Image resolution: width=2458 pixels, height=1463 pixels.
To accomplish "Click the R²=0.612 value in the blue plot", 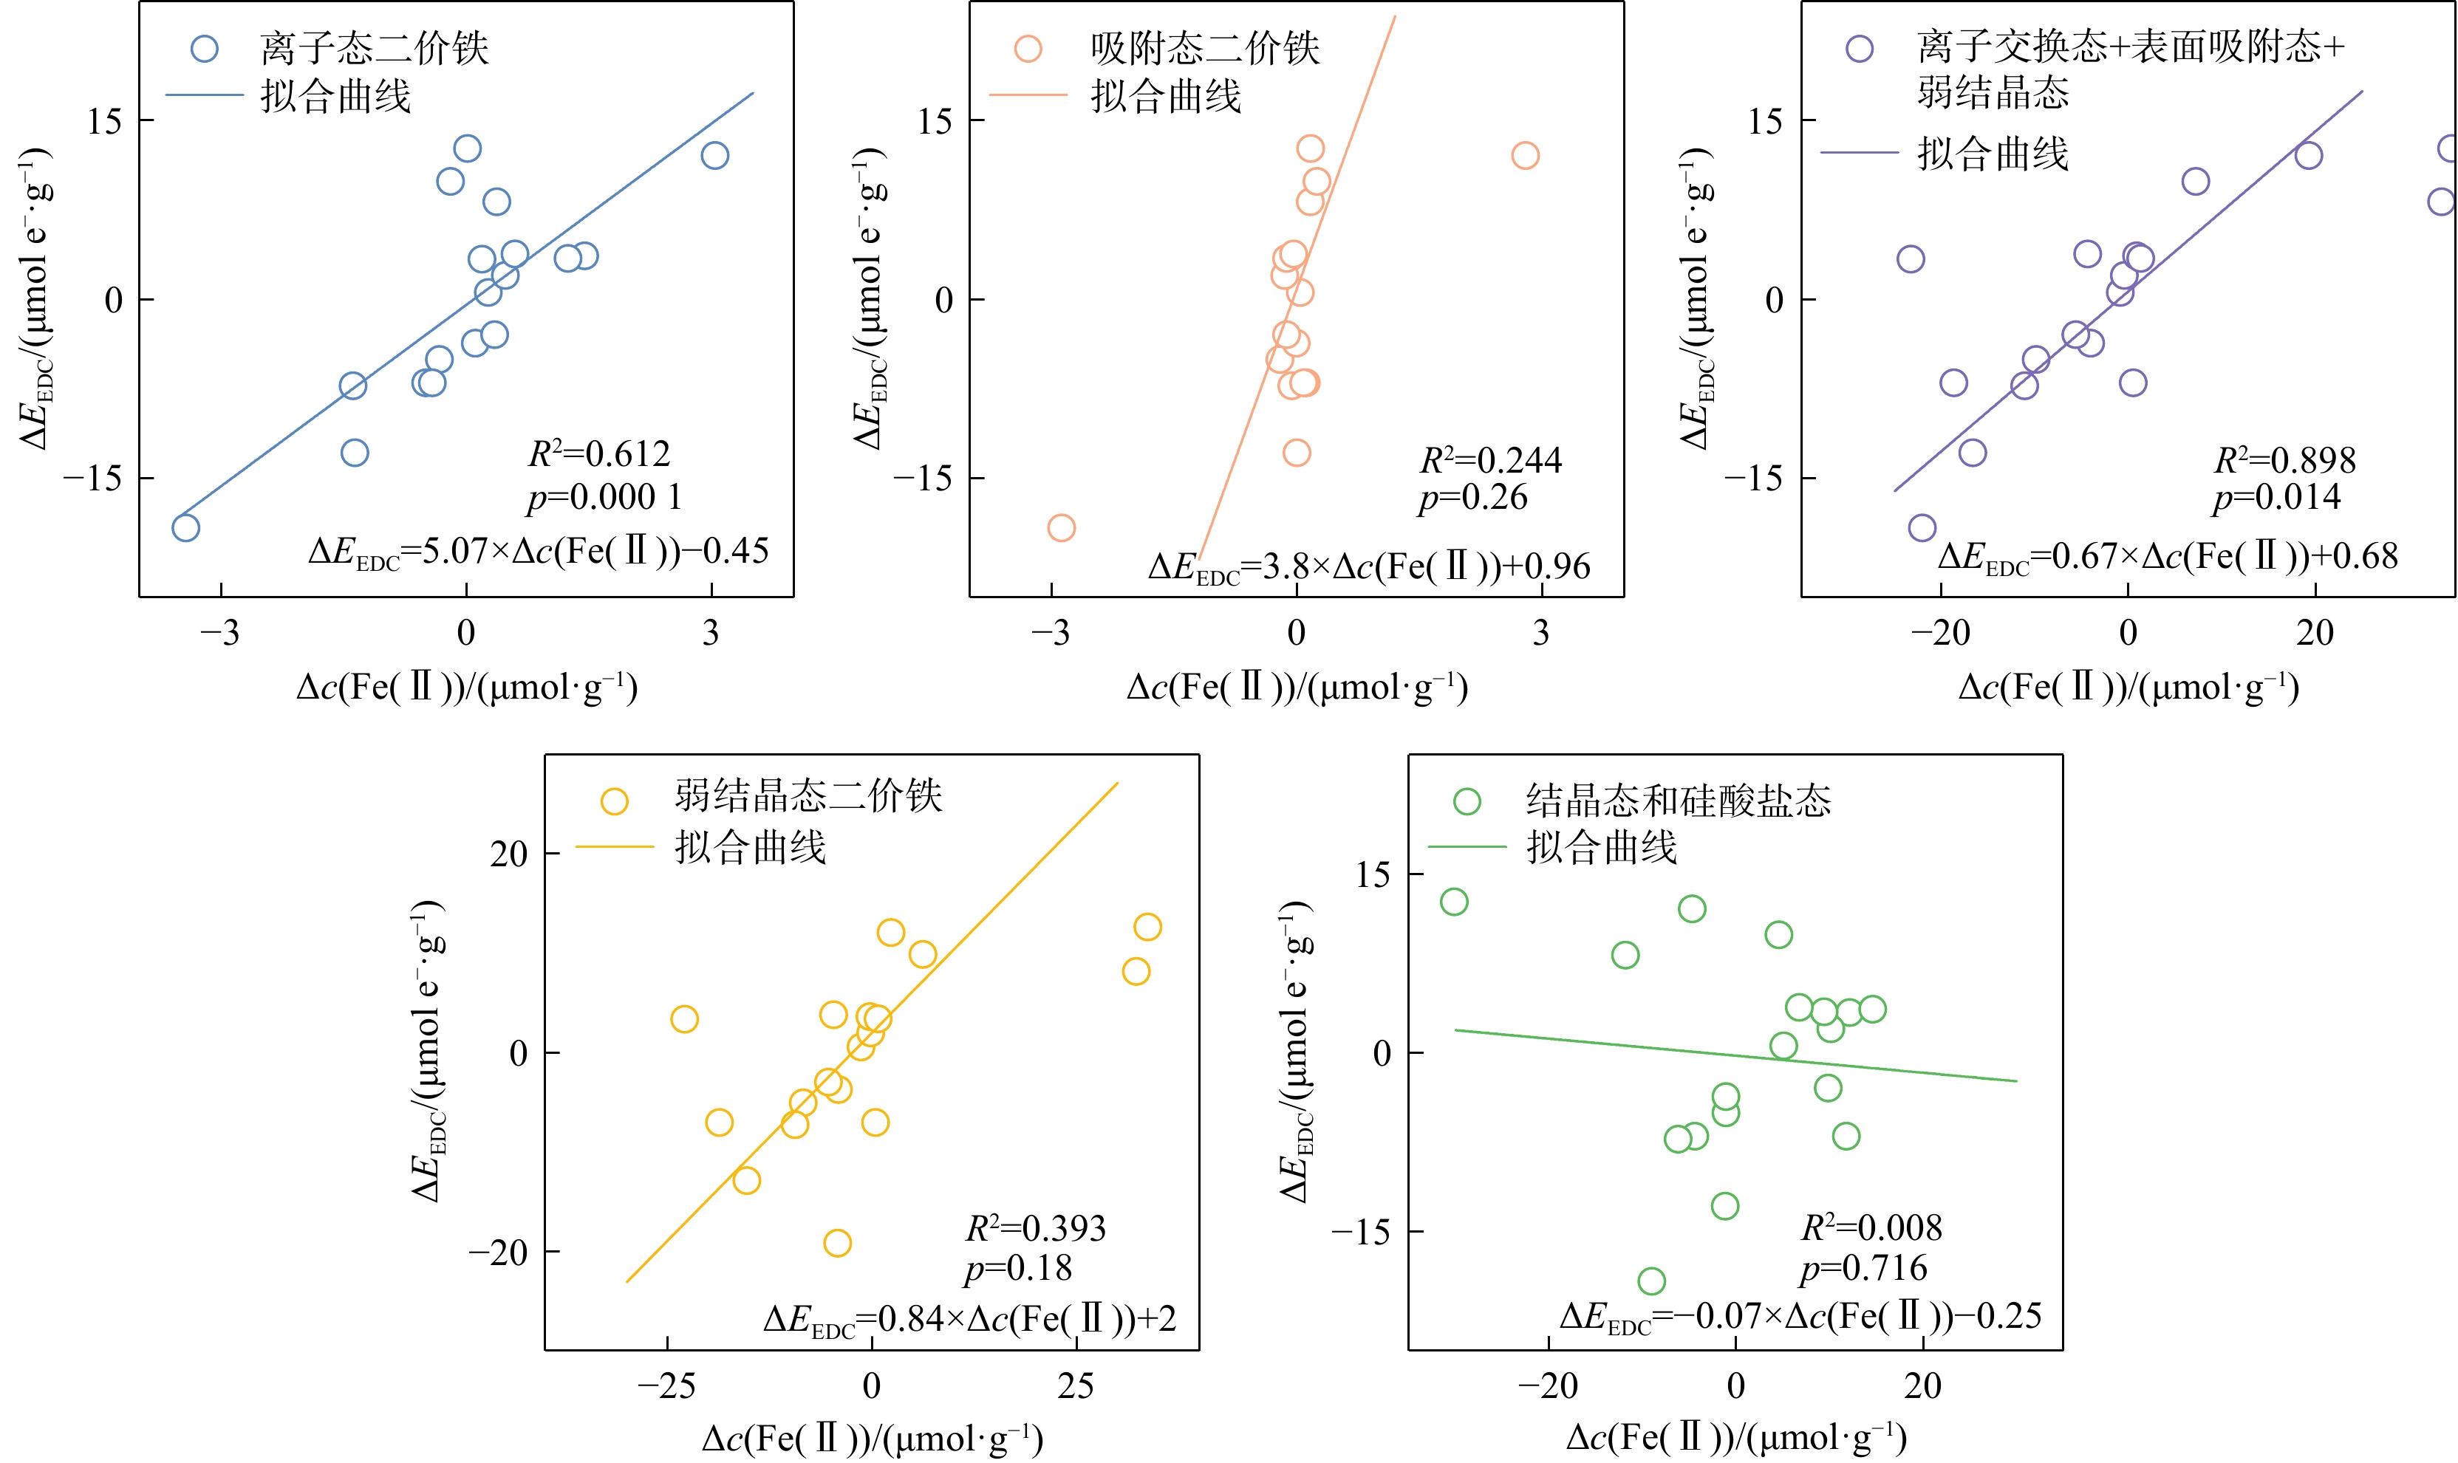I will coord(598,454).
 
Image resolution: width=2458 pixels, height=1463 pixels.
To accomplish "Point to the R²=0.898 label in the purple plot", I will coord(2284,460).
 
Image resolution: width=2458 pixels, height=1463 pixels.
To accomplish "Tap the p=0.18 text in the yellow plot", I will coord(1017,1269).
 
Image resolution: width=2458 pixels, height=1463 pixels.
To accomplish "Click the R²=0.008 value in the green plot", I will coord(1871,1228).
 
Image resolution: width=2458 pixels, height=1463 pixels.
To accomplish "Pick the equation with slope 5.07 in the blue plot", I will coord(537,551).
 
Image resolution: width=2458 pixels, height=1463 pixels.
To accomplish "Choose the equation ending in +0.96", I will coord(1368,567).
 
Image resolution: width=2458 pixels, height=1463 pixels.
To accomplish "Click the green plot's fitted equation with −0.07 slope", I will coord(1800,1316).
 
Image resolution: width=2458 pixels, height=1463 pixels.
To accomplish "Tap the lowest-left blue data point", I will coord(185,527).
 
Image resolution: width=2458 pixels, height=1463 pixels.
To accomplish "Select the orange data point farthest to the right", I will coord(1524,156).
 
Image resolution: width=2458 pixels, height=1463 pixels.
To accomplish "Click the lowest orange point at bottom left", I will coord(1061,527).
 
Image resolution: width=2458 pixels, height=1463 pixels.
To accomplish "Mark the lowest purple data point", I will coord(1922,527).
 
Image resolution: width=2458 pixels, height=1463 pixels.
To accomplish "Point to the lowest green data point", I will coord(1651,1281).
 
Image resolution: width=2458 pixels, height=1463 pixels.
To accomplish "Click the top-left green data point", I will coord(1453,902).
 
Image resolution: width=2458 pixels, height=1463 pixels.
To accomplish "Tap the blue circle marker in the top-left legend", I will coord(204,48).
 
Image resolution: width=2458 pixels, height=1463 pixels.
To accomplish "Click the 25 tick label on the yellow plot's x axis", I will coord(1076,1387).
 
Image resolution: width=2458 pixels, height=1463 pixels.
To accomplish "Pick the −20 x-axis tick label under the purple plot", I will coord(1939,633).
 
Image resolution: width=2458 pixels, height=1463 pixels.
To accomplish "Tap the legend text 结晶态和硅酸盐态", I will coord(1678,801).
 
